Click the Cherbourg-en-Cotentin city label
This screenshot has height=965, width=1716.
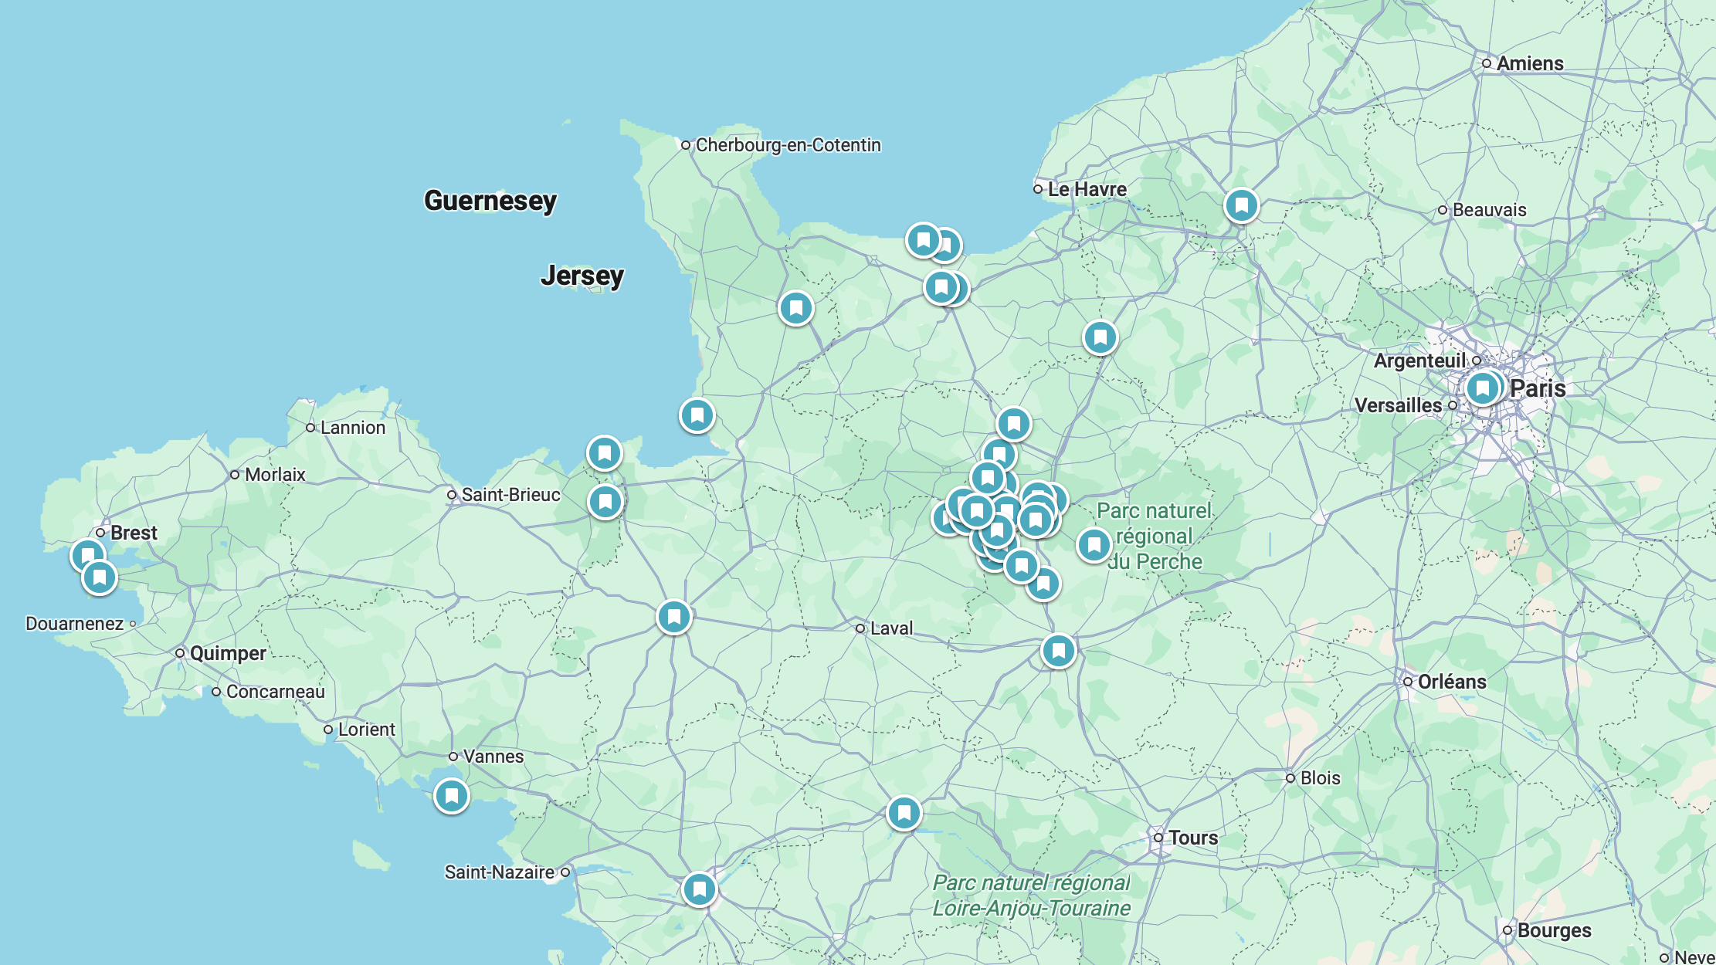pos(788,145)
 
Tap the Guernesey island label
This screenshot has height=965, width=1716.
pos(490,201)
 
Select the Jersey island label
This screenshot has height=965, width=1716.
pos(582,275)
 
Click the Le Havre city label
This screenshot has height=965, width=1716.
pos(1087,189)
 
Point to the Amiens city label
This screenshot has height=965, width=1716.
pos(1529,63)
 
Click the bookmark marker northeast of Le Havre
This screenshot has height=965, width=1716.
pos(1241,205)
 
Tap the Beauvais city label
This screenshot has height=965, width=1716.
pos(1489,210)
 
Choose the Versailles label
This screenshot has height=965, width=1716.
pos(1398,405)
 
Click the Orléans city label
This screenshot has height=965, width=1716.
pos(1451,682)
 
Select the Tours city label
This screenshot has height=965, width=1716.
pos(1192,838)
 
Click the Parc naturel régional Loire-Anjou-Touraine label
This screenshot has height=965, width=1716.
pos(1031,896)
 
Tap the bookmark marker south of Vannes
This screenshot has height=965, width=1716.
pos(452,795)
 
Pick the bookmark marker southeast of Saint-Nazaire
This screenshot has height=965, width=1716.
pos(700,889)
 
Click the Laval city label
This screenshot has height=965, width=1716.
pos(891,628)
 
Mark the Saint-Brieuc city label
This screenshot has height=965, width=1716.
pos(510,495)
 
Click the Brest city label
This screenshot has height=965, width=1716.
pos(134,533)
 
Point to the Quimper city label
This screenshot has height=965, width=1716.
pos(228,653)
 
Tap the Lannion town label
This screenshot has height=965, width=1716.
pos(352,428)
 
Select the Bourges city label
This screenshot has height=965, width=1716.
pos(1554,930)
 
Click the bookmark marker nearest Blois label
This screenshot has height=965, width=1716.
pos(1058,651)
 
